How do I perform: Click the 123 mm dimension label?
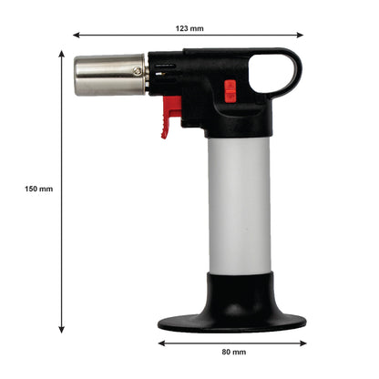pos(189,28)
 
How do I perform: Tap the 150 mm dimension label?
pos(39,189)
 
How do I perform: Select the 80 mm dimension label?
pos(234,352)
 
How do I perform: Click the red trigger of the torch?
pos(170,116)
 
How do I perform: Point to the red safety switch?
pos(230,90)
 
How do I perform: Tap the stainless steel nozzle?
pos(110,75)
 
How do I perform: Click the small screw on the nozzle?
pos(138,71)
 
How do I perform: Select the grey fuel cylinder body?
pos(240,205)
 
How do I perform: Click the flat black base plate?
pos(232,323)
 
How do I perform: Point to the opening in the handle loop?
pos(271,73)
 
